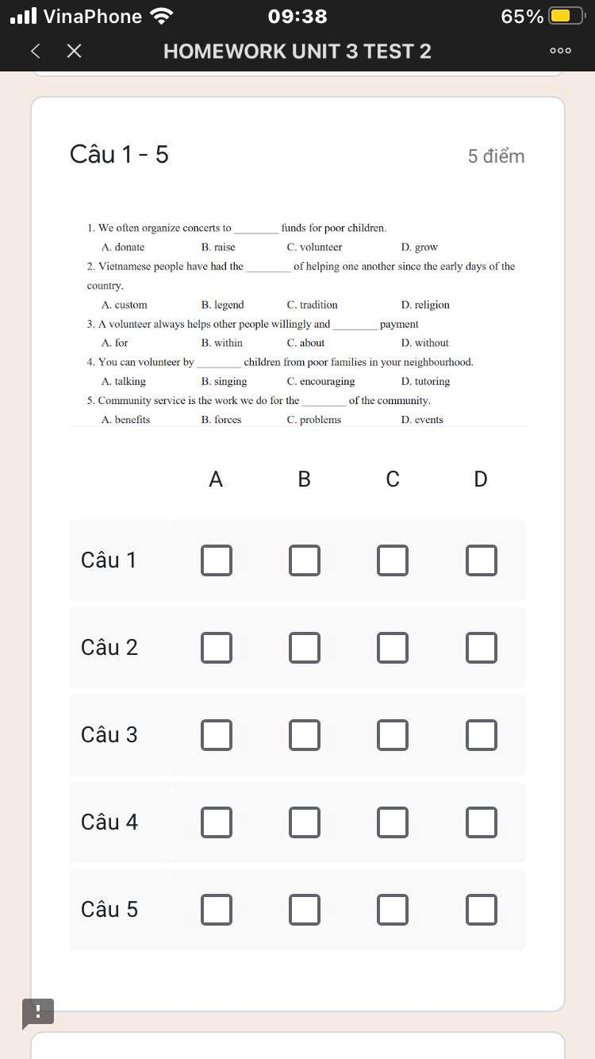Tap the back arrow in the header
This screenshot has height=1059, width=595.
click(35, 52)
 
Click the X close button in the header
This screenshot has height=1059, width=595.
click(74, 52)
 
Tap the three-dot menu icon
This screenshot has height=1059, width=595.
click(560, 52)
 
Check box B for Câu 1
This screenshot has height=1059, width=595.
click(304, 560)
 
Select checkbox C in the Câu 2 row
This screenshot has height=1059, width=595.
click(393, 648)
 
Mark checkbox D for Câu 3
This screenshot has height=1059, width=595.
click(481, 735)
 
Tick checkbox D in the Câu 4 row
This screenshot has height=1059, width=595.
click(481, 822)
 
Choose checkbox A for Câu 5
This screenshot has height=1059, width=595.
click(216, 910)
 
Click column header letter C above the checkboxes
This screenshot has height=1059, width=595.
click(393, 479)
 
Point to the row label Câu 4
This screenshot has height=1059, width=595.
click(109, 822)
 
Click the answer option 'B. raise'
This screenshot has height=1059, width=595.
click(218, 248)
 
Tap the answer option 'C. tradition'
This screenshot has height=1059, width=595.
click(312, 305)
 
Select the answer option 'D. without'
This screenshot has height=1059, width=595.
click(424, 343)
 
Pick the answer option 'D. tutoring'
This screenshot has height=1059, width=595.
click(425, 382)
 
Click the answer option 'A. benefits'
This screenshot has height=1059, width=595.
click(125, 420)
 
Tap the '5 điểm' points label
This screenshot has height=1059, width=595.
click(496, 156)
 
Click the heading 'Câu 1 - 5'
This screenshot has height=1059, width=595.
click(119, 154)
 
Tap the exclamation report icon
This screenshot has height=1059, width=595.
click(38, 1013)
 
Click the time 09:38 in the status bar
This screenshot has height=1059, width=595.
click(297, 17)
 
